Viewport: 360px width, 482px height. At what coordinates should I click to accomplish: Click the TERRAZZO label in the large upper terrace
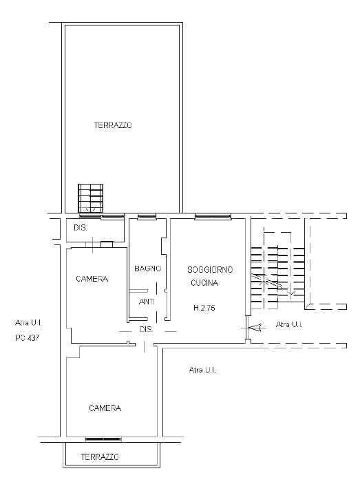[113, 125]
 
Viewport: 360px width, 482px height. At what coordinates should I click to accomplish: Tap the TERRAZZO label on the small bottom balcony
[100, 457]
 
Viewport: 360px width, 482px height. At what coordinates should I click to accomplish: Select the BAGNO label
[148, 269]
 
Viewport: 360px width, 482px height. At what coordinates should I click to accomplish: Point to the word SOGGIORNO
[210, 270]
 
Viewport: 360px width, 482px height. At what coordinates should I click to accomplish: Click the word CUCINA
[204, 283]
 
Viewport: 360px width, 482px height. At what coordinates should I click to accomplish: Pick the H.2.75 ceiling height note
[204, 308]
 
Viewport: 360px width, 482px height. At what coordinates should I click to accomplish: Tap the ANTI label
[147, 302]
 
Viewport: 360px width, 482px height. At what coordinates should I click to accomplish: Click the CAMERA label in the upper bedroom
[92, 279]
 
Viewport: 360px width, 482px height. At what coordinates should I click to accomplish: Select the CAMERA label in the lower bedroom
[105, 408]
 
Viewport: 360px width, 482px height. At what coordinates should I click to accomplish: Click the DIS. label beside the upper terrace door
[80, 228]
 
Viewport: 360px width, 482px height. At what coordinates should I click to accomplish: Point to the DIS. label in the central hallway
[147, 329]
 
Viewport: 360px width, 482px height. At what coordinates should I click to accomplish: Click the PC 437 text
[28, 338]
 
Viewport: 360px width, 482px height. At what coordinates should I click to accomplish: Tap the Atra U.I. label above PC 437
[28, 323]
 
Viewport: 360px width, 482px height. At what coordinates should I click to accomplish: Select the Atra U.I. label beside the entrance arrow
[289, 324]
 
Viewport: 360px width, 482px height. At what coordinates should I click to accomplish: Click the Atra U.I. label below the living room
[202, 370]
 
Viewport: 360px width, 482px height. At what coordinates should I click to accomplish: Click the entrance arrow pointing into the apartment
[254, 328]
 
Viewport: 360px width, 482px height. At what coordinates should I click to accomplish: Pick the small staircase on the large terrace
[91, 198]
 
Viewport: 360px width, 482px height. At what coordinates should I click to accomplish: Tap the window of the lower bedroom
[103, 439]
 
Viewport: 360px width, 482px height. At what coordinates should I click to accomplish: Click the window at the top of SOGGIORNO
[213, 216]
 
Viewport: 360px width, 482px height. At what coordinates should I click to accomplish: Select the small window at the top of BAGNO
[147, 216]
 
